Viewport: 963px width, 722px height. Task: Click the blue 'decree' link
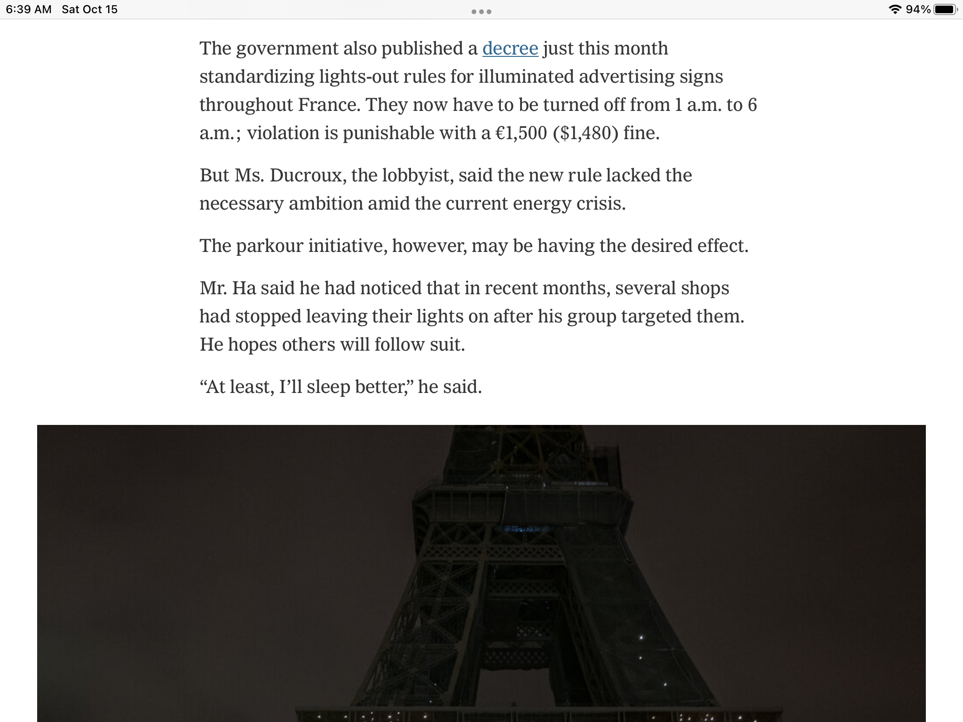click(x=510, y=48)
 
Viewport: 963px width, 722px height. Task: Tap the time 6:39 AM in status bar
click(x=29, y=9)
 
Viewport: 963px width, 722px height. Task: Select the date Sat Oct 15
click(x=90, y=9)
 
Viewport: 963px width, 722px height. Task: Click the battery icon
click(x=945, y=9)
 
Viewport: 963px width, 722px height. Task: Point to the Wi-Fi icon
click(x=894, y=9)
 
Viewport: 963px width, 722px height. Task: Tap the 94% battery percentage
click(x=918, y=9)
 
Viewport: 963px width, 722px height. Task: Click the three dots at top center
click(x=481, y=12)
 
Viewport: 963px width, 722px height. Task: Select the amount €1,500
click(x=521, y=133)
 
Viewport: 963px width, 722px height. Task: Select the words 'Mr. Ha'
click(x=228, y=288)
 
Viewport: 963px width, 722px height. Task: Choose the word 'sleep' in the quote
click(x=328, y=387)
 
